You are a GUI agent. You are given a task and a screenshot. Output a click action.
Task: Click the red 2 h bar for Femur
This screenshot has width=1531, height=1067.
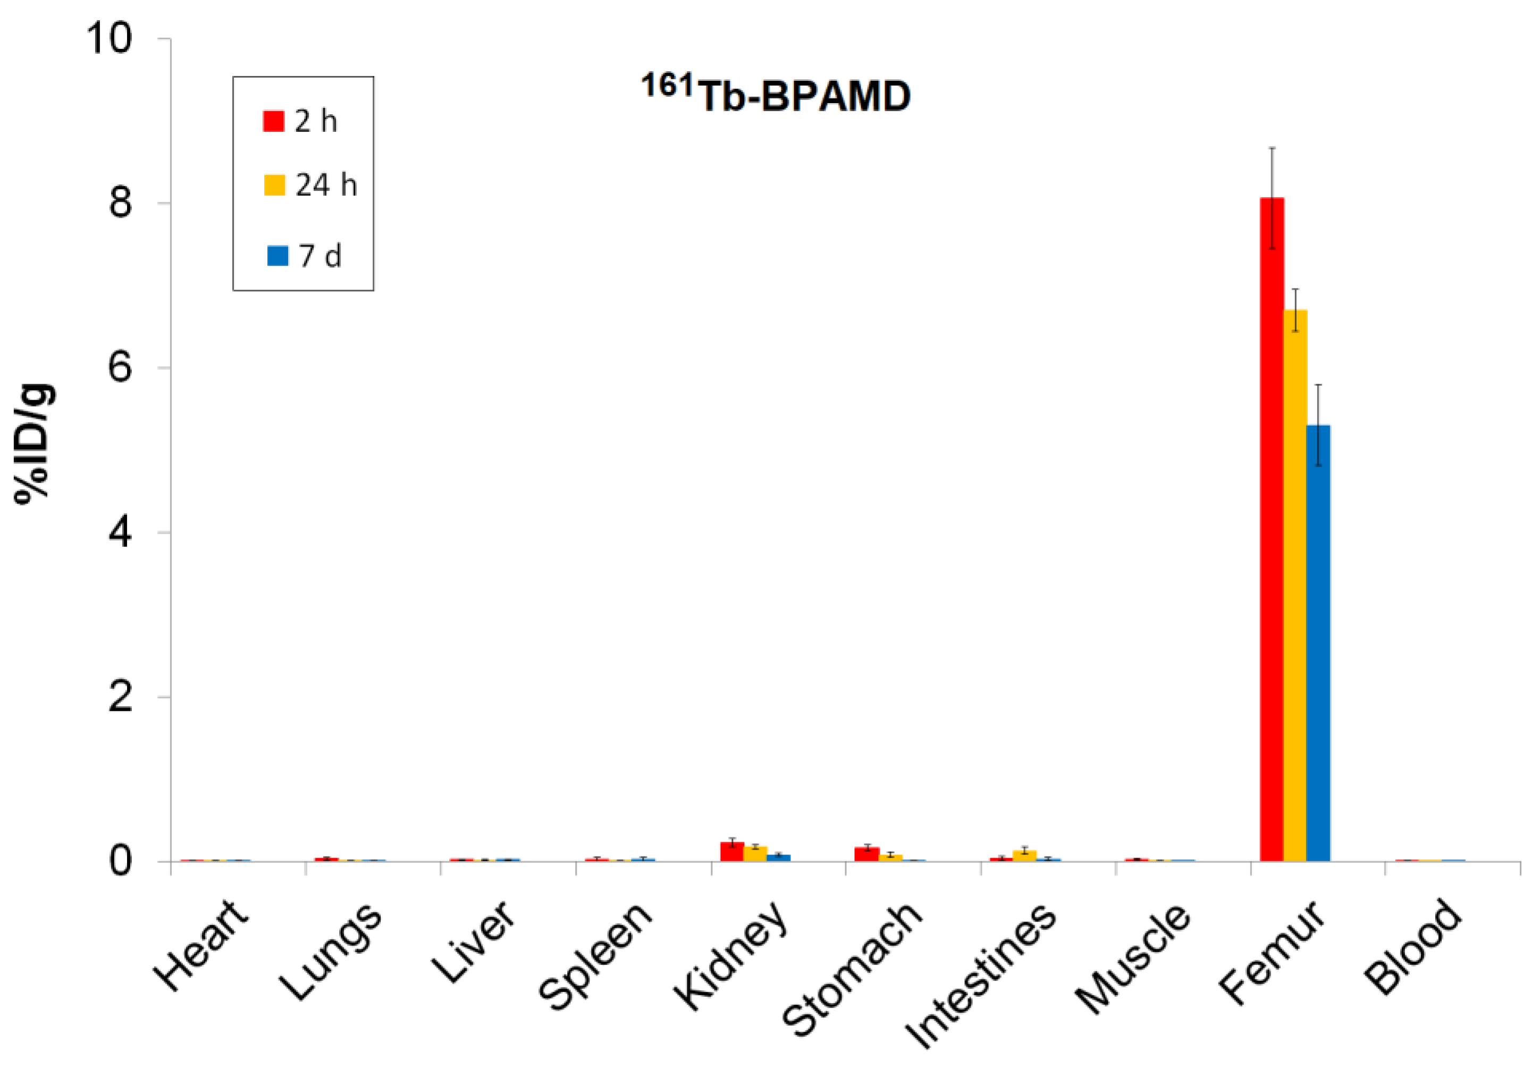coord(1272,530)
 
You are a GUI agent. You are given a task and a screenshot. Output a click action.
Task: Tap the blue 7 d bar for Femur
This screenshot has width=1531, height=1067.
coord(1318,643)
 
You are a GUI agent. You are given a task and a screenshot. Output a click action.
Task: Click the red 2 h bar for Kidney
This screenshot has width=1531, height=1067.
coord(732,852)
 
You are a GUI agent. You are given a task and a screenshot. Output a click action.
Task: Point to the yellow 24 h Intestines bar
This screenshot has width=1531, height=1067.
coord(1025,856)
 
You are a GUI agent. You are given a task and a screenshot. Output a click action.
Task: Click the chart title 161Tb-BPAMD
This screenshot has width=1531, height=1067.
coord(776,95)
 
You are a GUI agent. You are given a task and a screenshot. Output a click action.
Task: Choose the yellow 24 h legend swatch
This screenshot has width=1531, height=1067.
coord(275,185)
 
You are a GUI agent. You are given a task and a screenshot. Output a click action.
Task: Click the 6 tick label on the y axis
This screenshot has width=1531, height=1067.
coord(120,367)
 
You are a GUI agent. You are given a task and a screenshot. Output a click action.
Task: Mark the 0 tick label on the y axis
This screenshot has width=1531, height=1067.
coord(120,861)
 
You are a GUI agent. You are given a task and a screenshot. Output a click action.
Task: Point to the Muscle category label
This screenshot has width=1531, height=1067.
coord(1133,957)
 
